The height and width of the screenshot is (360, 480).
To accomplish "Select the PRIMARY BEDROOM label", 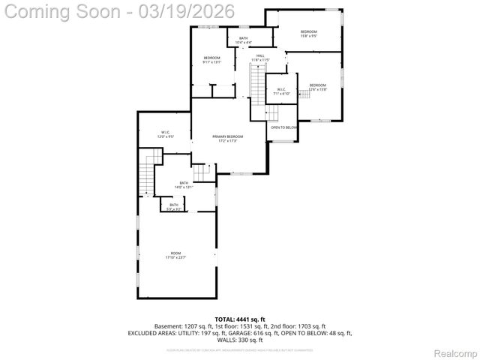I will (228, 139).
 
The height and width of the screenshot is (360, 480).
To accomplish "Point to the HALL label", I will (260, 58).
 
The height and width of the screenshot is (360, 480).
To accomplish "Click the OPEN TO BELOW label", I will (284, 127).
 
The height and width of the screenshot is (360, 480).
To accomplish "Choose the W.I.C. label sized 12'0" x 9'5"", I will (166, 135).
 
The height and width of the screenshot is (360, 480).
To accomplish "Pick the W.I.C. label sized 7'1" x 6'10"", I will (282, 91).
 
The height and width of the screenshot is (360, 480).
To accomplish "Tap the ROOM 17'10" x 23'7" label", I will (175, 255).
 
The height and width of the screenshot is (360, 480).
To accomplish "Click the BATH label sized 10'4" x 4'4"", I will (243, 40).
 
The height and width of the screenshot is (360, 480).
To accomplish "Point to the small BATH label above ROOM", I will (174, 205).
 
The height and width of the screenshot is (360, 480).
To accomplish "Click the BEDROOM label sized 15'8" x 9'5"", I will (309, 33).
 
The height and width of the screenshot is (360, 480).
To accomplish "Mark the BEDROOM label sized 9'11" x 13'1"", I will (212, 60).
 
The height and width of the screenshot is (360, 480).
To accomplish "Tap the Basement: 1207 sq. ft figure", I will (181, 326).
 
